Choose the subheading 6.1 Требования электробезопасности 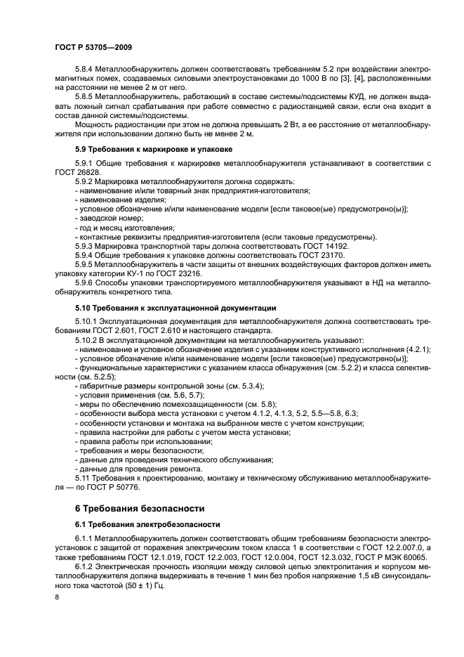tap(148, 523)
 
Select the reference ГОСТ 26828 tap(75, 171)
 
